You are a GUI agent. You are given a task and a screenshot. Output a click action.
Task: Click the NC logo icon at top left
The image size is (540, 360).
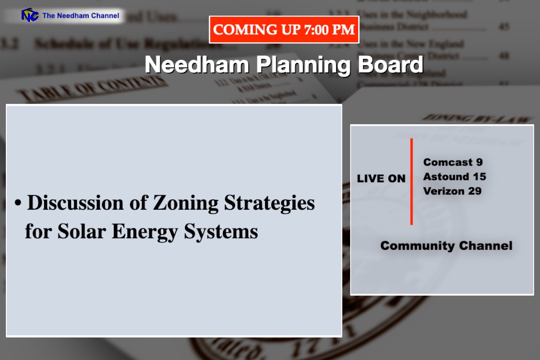click(30, 15)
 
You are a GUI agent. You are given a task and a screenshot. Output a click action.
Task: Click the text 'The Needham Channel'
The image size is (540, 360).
click(81, 16)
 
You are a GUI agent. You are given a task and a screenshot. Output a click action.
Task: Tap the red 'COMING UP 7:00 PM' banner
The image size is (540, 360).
click(284, 30)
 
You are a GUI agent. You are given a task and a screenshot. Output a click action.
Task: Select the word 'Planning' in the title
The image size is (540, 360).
click(304, 65)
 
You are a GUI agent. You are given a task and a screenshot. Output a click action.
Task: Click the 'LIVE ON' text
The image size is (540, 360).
click(381, 179)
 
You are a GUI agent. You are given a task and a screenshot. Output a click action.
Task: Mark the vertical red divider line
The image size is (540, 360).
click(411, 181)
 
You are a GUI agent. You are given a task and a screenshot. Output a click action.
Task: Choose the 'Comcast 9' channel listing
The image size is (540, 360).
click(453, 162)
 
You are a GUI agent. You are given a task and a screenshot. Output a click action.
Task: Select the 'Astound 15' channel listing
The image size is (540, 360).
click(454, 176)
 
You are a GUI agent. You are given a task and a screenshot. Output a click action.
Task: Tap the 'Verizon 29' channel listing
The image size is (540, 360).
click(452, 191)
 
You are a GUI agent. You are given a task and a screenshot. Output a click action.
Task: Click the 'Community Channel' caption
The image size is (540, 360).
click(446, 246)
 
